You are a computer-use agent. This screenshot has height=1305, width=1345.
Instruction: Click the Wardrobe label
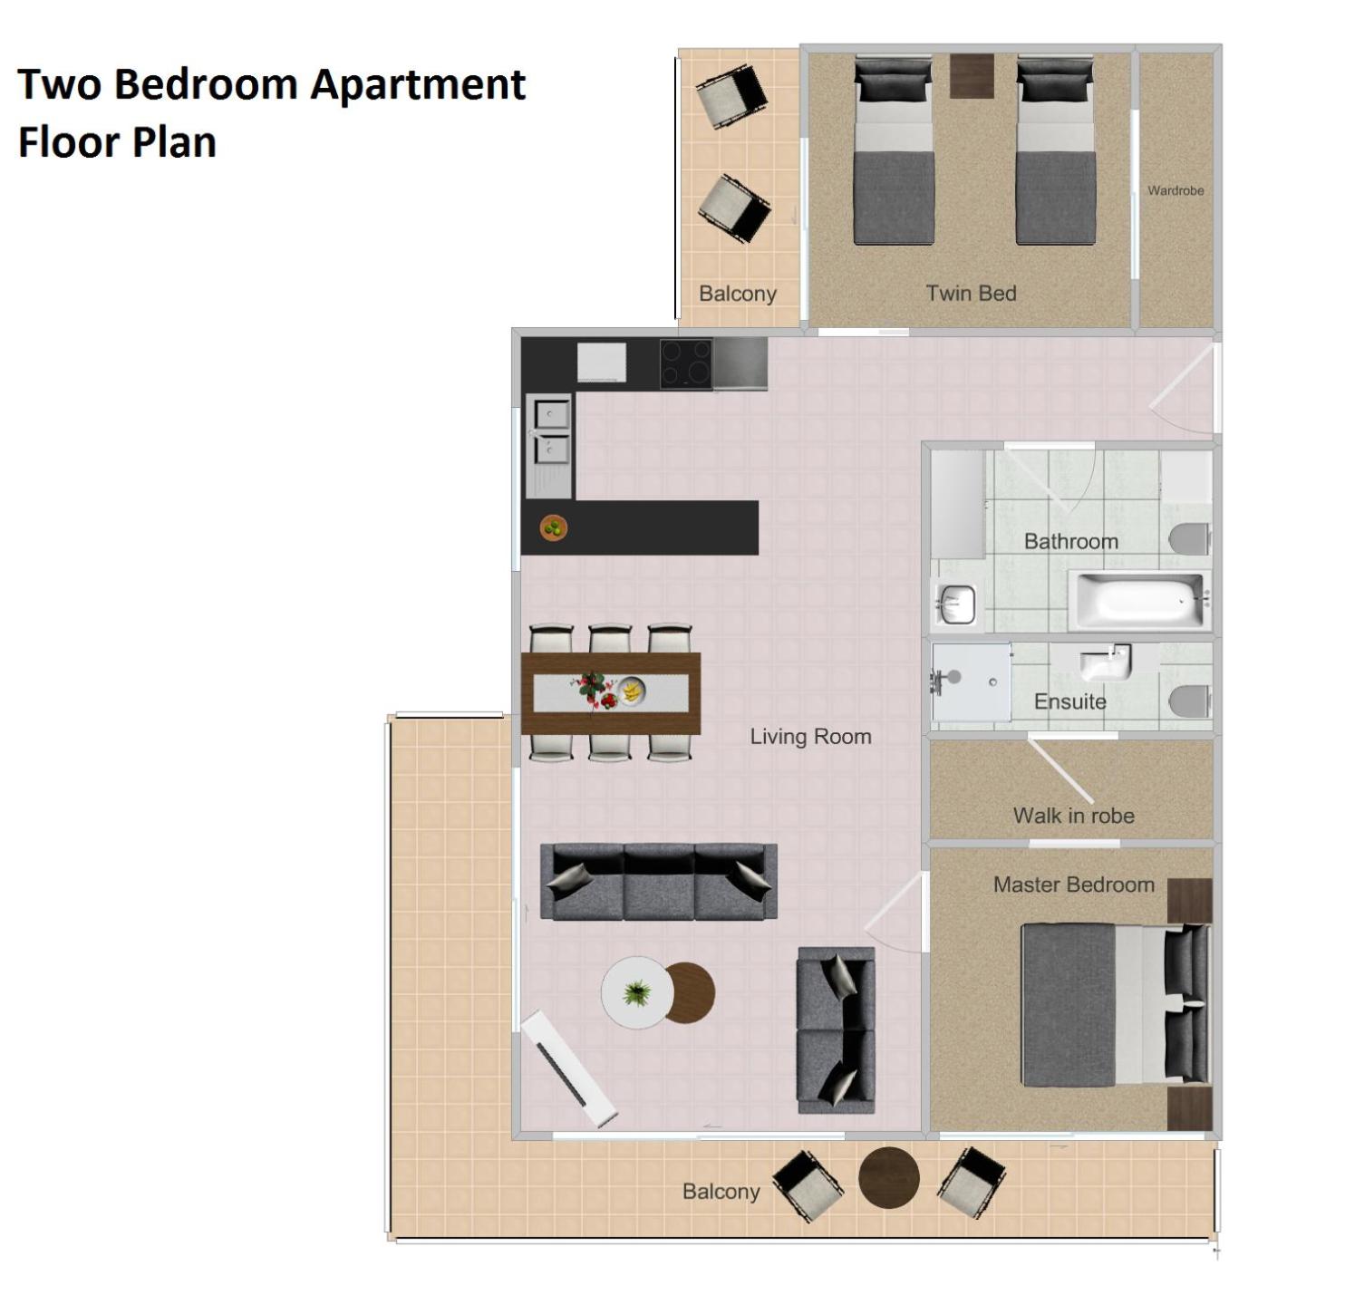pyautogui.click(x=1175, y=190)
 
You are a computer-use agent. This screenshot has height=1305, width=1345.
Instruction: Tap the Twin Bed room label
pyautogui.click(x=971, y=293)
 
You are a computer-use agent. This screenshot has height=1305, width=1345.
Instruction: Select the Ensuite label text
pyautogui.click(x=1069, y=701)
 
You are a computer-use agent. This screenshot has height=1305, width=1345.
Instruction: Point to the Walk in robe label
pyautogui.click(x=1073, y=815)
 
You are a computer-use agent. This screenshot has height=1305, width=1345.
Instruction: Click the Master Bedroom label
pyautogui.click(x=1073, y=884)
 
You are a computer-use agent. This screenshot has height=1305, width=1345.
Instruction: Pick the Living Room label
pyautogui.click(x=810, y=736)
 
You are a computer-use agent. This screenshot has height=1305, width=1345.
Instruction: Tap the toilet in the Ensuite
pyautogui.click(x=1190, y=701)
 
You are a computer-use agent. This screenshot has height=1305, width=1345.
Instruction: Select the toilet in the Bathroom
pyautogui.click(x=1191, y=539)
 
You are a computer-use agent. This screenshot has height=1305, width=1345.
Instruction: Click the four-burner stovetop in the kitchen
pyautogui.click(x=685, y=363)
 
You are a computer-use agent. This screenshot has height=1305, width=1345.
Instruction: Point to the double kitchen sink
pyautogui.click(x=549, y=446)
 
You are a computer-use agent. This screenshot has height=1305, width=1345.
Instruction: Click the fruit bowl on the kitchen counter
pyautogui.click(x=554, y=528)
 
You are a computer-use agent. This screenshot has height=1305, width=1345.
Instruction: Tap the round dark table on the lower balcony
pyautogui.click(x=888, y=1178)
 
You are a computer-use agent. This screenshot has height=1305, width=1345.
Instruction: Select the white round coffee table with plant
pyautogui.click(x=636, y=992)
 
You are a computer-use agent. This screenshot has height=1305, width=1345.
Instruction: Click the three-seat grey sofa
pyautogui.click(x=658, y=882)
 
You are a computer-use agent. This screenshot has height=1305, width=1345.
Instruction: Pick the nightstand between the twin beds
pyautogui.click(x=971, y=75)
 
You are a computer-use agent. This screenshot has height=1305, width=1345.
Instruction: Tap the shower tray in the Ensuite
pyautogui.click(x=971, y=682)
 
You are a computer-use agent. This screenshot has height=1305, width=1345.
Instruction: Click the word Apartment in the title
pyautogui.click(x=418, y=85)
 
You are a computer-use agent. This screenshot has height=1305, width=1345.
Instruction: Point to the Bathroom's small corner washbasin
pyautogui.click(x=956, y=604)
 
